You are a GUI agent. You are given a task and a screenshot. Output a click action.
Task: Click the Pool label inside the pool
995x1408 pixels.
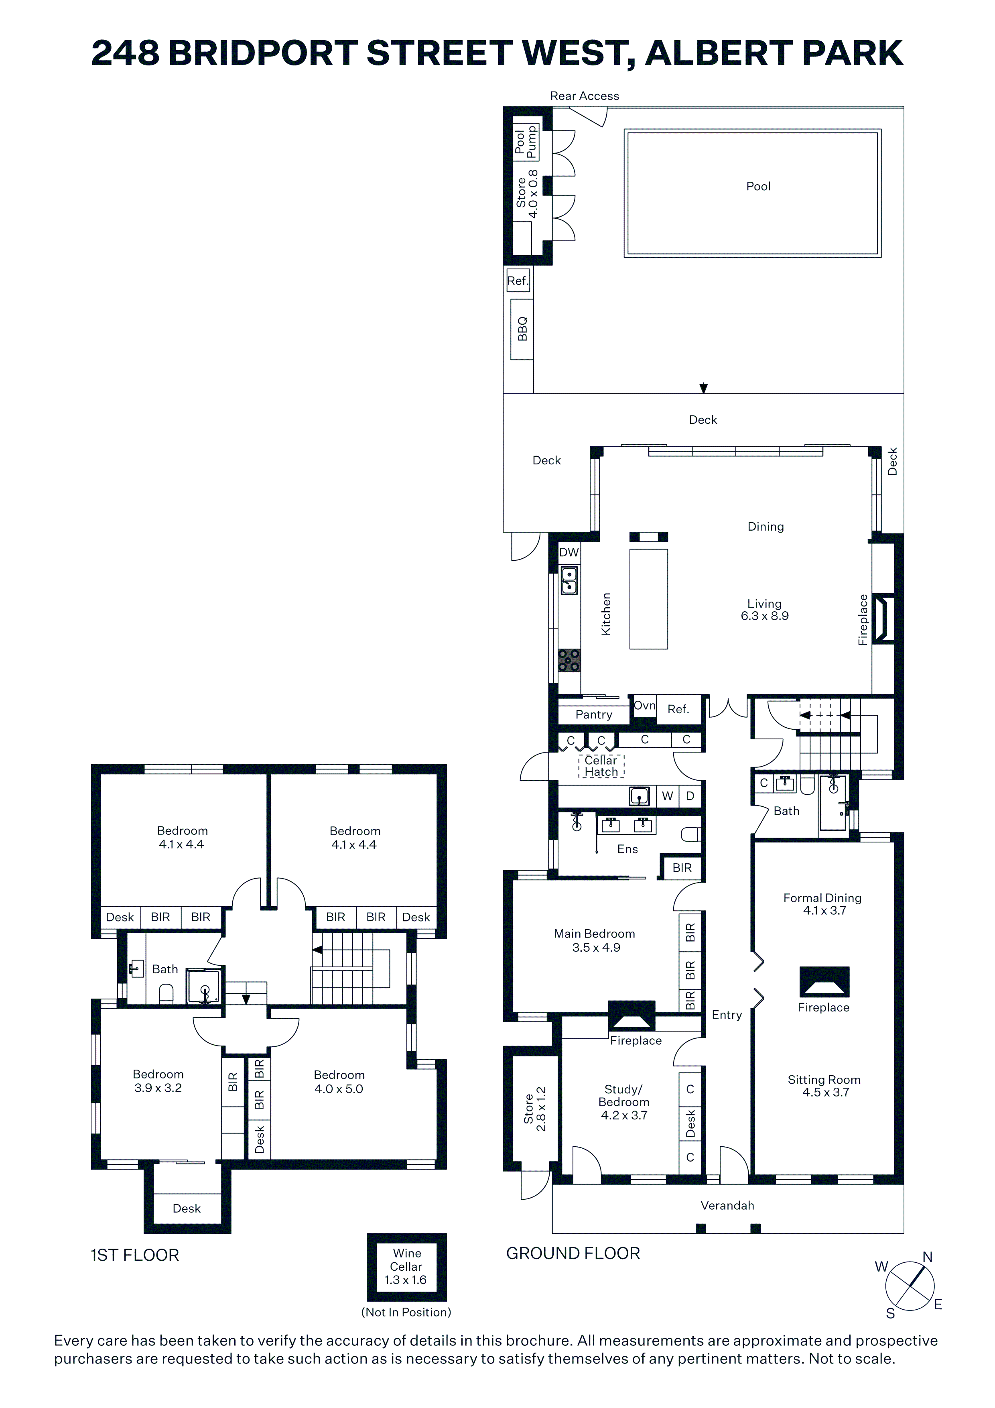758,186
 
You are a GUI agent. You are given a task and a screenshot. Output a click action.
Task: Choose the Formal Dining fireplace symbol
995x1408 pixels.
824,981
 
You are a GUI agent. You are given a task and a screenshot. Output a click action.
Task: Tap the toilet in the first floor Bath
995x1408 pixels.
166,993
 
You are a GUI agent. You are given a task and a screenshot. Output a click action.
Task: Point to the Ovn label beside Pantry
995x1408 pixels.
644,705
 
